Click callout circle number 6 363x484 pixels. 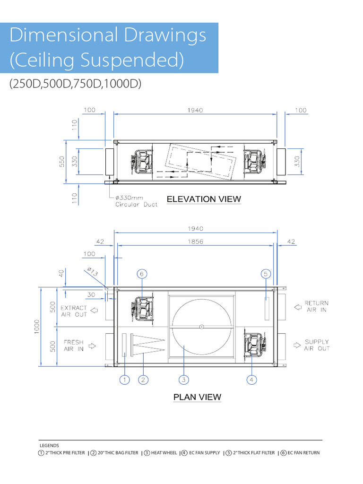click(142, 274)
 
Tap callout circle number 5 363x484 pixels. click(266, 274)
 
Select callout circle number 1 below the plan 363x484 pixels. click(124, 380)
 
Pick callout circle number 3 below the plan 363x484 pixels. click(184, 380)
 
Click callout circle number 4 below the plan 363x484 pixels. click(251, 380)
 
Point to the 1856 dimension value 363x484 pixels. click(195, 242)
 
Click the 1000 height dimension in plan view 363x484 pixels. click(37, 327)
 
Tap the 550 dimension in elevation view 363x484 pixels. click(62, 162)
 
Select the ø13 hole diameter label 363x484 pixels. click(92, 272)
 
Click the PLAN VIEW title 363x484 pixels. click(197, 397)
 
